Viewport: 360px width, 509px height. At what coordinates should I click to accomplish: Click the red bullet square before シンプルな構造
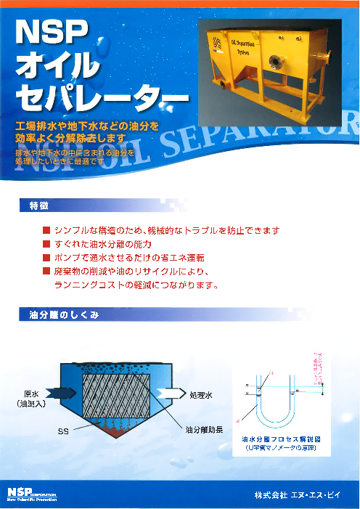pyautogui.click(x=46, y=231)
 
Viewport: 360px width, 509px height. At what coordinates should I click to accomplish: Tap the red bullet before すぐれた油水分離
pyautogui.click(x=46, y=245)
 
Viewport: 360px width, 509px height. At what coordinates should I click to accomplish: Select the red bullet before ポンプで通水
pyautogui.click(x=46, y=258)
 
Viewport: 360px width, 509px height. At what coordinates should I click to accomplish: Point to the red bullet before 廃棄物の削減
pyautogui.click(x=46, y=272)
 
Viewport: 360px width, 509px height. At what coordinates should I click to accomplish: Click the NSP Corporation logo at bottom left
pyautogui.click(x=30, y=494)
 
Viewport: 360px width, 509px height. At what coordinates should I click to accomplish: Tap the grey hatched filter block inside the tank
pyautogui.click(x=117, y=396)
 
